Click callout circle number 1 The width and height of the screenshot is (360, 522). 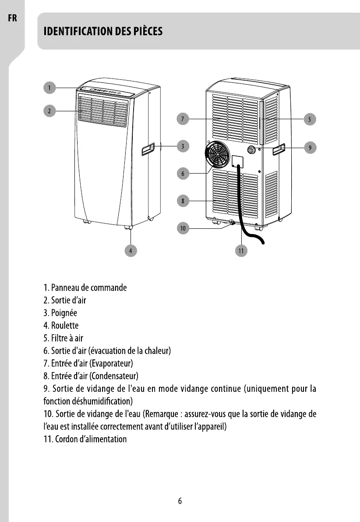[49, 88]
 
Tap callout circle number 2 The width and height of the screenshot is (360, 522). [49, 111]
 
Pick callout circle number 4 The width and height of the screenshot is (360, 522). [131, 250]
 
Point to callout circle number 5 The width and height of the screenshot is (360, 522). [310, 119]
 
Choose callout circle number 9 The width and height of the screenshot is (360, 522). [310, 148]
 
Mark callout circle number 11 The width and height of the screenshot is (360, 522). [241, 250]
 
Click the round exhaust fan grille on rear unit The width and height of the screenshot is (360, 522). [218, 155]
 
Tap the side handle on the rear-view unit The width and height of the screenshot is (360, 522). [279, 150]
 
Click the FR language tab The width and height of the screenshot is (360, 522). [12, 19]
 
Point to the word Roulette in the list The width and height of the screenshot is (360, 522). [65, 326]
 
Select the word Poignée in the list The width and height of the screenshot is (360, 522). [64, 313]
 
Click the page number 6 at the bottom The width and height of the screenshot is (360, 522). [180, 501]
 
